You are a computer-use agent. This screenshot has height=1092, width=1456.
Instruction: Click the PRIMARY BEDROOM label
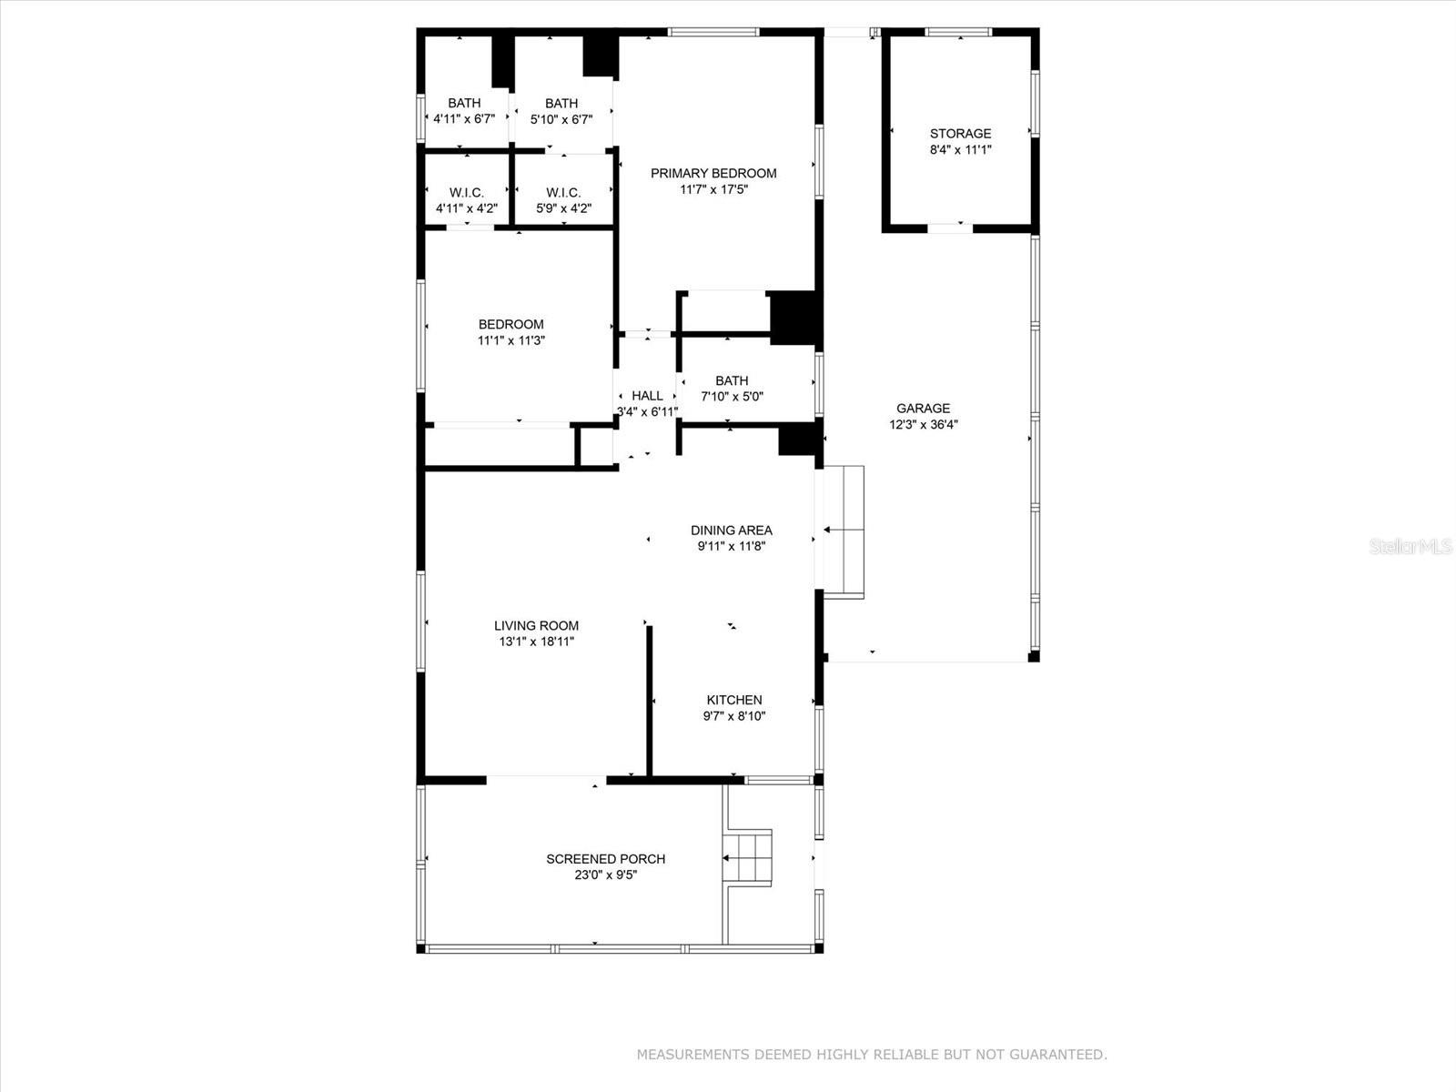point(713,173)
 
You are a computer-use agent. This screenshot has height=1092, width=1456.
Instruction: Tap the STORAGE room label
point(960,134)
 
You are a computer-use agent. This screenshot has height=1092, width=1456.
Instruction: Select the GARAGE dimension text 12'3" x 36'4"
point(923,425)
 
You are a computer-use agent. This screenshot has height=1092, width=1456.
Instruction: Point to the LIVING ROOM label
point(536,625)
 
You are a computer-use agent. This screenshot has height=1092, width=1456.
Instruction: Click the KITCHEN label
point(734,700)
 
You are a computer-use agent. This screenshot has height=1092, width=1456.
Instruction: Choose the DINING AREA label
point(731,530)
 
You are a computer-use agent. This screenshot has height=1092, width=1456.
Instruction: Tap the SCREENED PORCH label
point(605,859)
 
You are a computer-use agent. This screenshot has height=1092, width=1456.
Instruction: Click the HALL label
point(647,396)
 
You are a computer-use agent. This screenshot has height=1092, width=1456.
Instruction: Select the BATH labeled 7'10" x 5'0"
point(732,380)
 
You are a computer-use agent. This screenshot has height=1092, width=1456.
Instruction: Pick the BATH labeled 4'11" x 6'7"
point(464,103)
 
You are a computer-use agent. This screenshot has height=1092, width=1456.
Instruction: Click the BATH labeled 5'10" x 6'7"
point(561,103)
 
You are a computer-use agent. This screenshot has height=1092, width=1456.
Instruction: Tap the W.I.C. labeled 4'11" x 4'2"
point(466,193)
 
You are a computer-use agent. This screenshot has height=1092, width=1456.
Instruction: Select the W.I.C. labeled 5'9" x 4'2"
point(563,193)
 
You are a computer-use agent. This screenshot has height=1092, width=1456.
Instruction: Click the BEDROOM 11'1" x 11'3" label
point(511,324)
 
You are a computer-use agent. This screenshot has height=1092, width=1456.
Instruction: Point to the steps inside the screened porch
point(749,857)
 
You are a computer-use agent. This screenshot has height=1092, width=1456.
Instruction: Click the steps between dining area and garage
point(844,531)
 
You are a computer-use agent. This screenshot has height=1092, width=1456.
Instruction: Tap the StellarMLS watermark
point(1410,546)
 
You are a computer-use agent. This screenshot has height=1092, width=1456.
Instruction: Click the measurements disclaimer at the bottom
point(871,1055)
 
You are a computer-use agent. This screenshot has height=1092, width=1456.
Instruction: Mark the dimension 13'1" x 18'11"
point(536,642)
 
